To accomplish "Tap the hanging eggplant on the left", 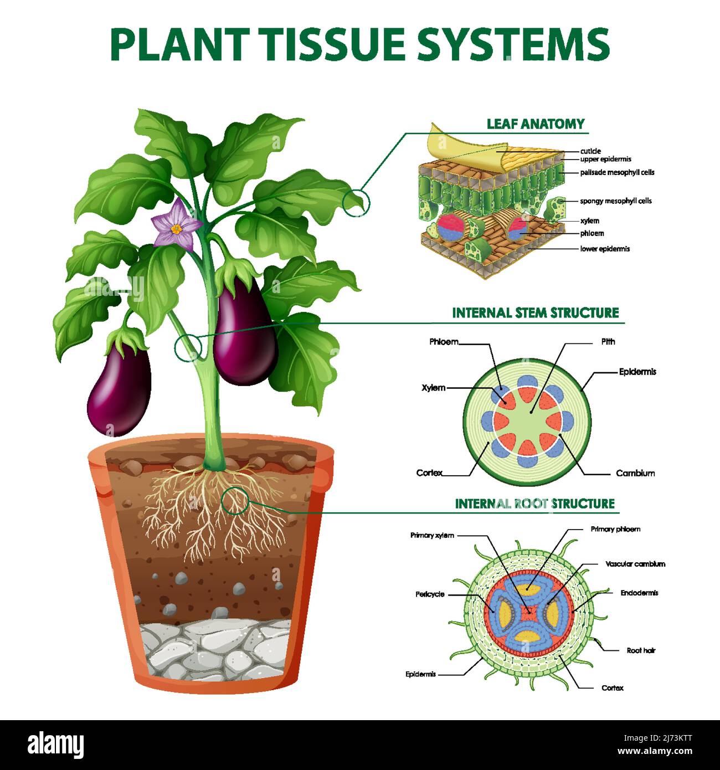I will pos(119,388).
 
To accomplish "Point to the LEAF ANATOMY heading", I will pos(535,124).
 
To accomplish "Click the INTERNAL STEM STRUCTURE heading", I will pos(535,313).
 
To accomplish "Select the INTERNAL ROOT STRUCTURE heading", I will pos(534,504).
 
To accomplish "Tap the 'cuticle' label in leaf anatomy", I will pos(590,151).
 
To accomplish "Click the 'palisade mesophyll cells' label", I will pos(617,172).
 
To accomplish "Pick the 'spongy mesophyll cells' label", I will pos(615,201).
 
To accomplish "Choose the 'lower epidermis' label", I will pos(605,249).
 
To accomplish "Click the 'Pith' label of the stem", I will pos(608,342).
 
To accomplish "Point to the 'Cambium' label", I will pos(635,473).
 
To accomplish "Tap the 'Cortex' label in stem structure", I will pos(429,473).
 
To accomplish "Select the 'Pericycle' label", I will pos(430,594).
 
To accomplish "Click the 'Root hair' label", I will pos(641,650).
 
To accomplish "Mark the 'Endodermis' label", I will pos(639,593).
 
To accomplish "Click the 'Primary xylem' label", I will pos(432,535).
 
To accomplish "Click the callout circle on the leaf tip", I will pos(356,203).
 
